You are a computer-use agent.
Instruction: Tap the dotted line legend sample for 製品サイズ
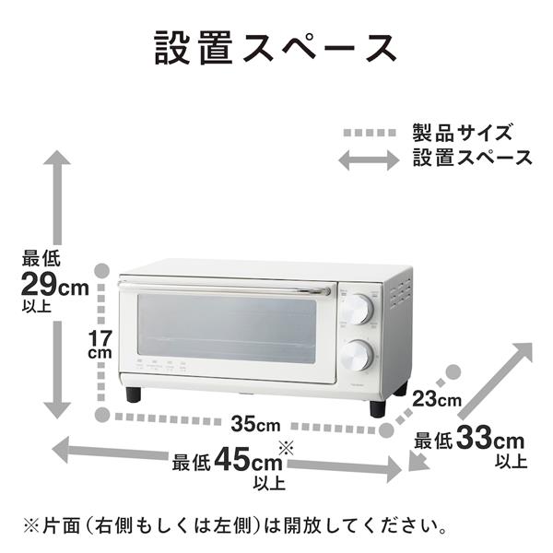pyautogui.click(x=369, y=133)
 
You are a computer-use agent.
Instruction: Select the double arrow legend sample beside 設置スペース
pyautogui.click(x=369, y=159)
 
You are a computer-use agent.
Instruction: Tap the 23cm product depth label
pyautogui.click(x=436, y=400)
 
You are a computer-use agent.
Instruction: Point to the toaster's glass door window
pyautogui.click(x=227, y=328)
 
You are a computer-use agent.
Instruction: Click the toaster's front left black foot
pyautogui.click(x=135, y=394)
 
